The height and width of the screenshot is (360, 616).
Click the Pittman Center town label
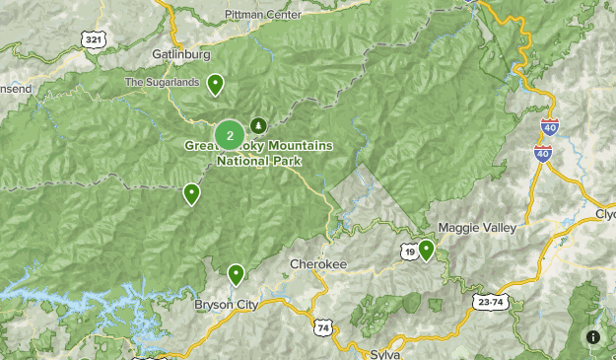pos(262,15)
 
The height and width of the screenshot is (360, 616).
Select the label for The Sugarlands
pos(163,82)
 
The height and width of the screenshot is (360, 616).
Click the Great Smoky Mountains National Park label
pos(258,152)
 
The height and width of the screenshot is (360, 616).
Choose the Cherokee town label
pos(318,264)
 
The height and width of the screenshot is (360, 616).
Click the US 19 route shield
pos(407,252)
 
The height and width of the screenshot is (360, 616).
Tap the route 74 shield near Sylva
pos(323,327)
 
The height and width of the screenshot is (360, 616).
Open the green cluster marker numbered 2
pos(230,134)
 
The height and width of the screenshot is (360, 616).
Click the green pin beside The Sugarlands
pos(214,85)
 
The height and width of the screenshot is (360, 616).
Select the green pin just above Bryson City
pos(236,273)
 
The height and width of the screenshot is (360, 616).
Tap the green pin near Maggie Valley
pos(426,250)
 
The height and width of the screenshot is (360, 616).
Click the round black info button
pos(593,337)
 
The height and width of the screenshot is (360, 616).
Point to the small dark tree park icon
pos(258,125)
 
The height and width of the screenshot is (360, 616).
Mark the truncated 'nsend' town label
pos(16,89)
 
